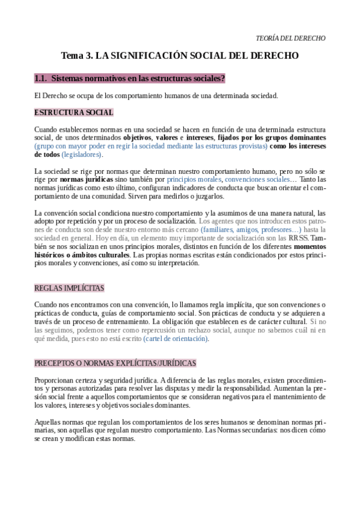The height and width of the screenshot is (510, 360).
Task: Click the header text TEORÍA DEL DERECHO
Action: (291, 38)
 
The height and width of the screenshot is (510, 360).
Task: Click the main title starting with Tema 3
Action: (180, 56)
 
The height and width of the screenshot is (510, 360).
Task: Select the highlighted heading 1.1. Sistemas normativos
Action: (129, 78)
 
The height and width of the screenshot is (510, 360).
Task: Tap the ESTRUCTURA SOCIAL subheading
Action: (74, 112)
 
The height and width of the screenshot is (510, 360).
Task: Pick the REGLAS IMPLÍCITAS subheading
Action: (69, 287)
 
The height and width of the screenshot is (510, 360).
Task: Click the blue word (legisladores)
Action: (82, 155)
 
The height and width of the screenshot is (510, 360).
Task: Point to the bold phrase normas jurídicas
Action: (86, 179)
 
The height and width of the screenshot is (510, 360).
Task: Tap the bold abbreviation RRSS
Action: (298, 238)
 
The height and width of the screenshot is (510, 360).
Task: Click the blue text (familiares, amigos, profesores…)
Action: (251, 229)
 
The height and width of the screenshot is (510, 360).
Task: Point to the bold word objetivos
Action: (150, 137)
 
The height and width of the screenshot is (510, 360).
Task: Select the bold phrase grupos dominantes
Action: (294, 137)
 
